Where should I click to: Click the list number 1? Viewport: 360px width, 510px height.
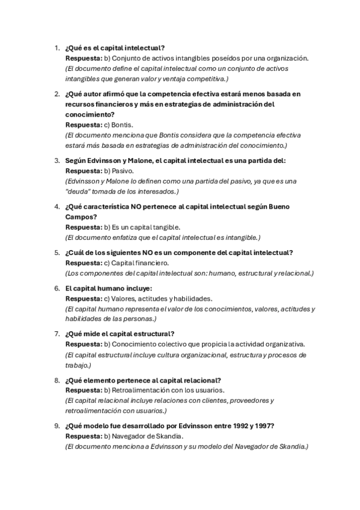click(x=56, y=48)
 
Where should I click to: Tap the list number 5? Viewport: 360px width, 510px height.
click(x=56, y=253)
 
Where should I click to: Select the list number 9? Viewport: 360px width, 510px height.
click(x=56, y=426)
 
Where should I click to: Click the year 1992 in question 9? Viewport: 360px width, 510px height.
click(x=227, y=426)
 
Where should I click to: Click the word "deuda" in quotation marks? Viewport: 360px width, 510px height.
click(x=80, y=191)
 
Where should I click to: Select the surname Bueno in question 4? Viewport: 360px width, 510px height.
click(x=281, y=207)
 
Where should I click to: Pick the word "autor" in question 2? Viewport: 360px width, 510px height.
click(x=97, y=94)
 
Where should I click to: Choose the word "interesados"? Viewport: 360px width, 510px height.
click(x=156, y=191)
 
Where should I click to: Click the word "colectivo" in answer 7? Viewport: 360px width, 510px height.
click(x=168, y=345)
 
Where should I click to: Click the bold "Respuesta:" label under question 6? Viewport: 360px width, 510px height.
click(x=84, y=298)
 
